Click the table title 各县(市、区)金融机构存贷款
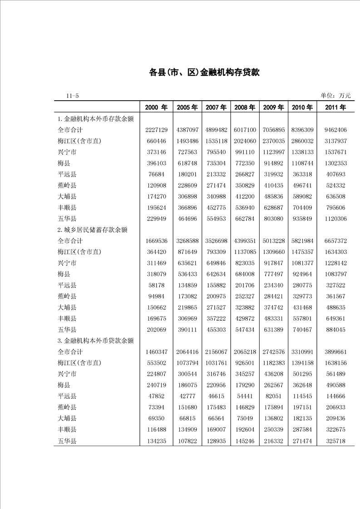(204, 72)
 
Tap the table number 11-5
(72, 96)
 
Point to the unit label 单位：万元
(335, 95)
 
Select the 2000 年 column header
(156, 108)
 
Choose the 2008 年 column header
(245, 108)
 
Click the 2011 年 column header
(335, 108)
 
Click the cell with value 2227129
(156, 130)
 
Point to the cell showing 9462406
(335, 130)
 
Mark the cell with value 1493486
(187, 141)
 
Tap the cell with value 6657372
(335, 241)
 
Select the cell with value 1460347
(156, 352)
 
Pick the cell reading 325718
(335, 440)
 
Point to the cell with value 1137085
(245, 252)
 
